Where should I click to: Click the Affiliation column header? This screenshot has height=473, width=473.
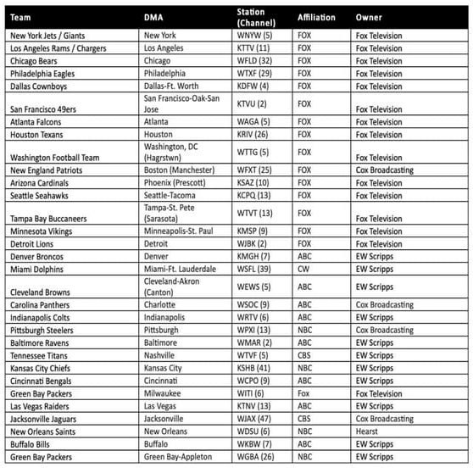pyautogui.click(x=316, y=17)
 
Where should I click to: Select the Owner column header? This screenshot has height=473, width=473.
pyautogui.click(x=369, y=17)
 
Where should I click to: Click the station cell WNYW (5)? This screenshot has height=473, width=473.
pyautogui.click(x=255, y=36)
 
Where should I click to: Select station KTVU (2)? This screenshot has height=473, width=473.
pyautogui.click(x=253, y=103)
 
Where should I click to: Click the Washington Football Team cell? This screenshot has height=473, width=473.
pyautogui.click(x=54, y=157)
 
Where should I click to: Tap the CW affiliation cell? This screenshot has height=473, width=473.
pyautogui.click(x=304, y=268)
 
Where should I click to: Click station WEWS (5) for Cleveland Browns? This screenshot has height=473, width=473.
pyautogui.click(x=255, y=287)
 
